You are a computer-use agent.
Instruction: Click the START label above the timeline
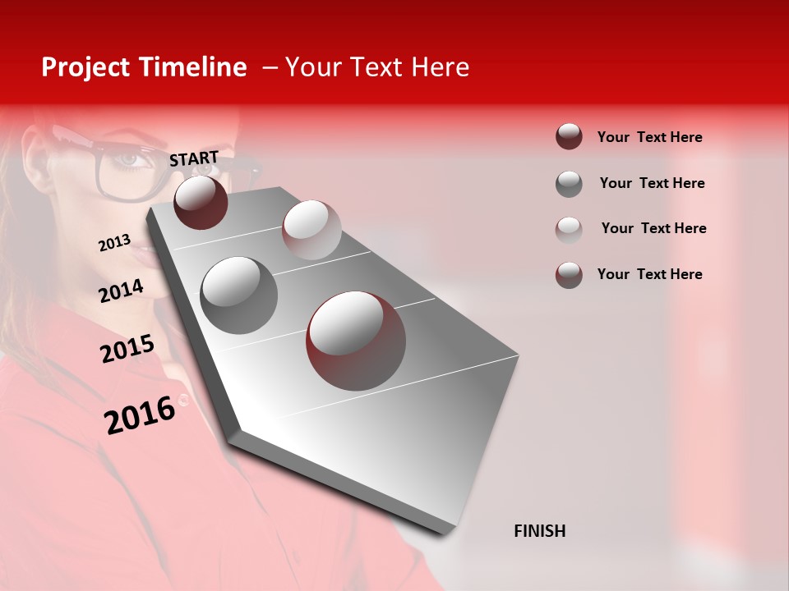pos(194,158)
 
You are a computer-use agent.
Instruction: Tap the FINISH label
pos(539,531)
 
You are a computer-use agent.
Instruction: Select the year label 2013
pos(114,243)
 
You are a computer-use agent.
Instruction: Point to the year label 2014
pos(122,291)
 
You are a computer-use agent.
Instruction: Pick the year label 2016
pos(140,415)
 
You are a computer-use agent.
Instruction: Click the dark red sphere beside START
pos(201,202)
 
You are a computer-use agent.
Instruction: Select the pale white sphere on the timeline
pos(311,230)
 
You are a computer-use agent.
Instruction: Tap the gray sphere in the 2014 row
pos(239,295)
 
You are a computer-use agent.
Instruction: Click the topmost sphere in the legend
pos(569,137)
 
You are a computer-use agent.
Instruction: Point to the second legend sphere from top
pos(569,184)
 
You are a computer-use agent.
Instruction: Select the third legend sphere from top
pos(569,229)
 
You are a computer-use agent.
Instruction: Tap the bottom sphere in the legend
pos(569,275)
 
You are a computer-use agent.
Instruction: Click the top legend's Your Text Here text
pos(649,137)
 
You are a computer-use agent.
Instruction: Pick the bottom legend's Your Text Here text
pos(649,274)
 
